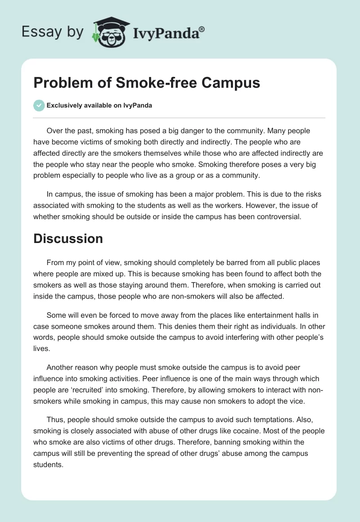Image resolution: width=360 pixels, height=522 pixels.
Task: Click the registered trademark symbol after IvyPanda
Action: pyautogui.click(x=202, y=28)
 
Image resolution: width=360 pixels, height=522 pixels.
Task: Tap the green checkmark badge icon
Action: pyautogui.click(x=39, y=105)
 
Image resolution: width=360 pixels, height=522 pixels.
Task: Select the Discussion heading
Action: pyautogui.click(x=68, y=239)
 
